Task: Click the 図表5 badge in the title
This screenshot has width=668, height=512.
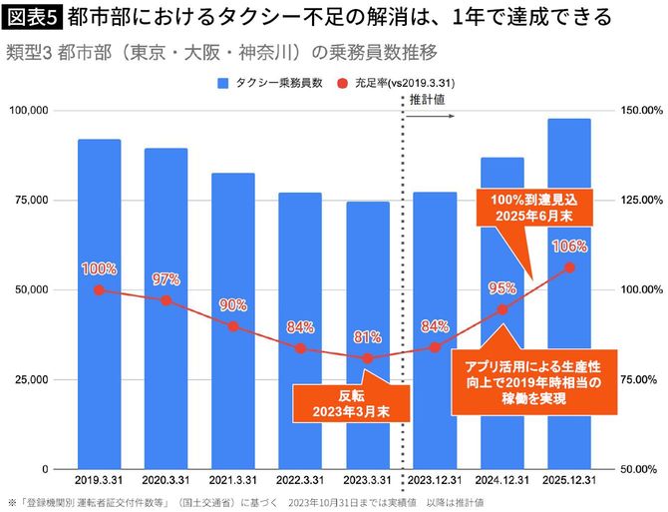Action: pyautogui.click(x=33, y=17)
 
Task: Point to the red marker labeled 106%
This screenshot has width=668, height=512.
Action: pyautogui.click(x=569, y=267)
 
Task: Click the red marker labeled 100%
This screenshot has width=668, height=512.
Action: pyautogui.click(x=99, y=289)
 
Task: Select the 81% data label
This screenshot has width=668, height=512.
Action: pyautogui.click(x=367, y=337)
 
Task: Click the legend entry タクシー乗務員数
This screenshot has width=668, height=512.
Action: pyautogui.click(x=272, y=84)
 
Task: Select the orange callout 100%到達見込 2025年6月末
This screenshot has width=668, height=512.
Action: pyautogui.click(x=531, y=207)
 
